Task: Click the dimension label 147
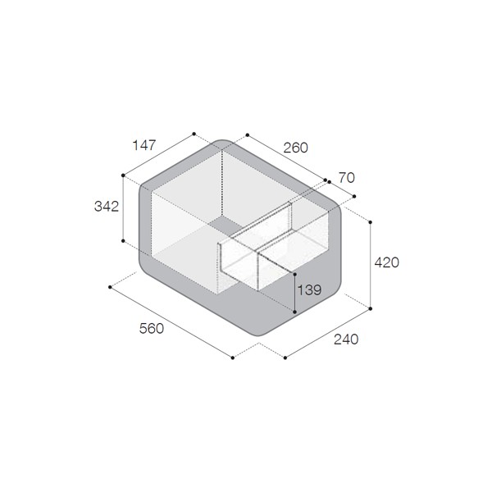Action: coord(144,145)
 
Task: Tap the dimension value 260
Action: coord(295,148)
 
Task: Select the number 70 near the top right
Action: coord(347,178)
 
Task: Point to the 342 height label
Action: coord(107,207)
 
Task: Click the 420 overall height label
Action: coord(386,262)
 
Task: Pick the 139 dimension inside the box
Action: coord(309,290)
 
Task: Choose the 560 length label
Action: coord(152,329)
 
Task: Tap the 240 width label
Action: coord(346,339)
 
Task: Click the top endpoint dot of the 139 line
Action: coord(294,275)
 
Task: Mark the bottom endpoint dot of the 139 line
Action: coord(294,312)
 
